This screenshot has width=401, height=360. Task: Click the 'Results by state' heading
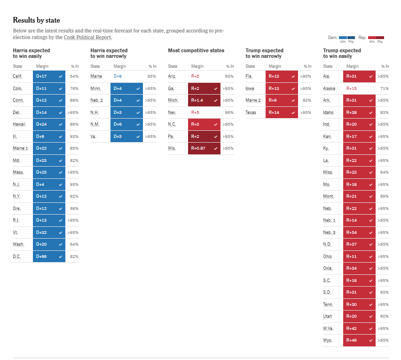[x=36, y=20]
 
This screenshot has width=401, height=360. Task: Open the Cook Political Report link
[x=87, y=37]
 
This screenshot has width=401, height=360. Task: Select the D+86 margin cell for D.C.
[x=49, y=256]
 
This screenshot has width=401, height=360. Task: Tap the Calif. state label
[x=17, y=76]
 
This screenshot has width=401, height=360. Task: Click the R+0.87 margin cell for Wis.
[x=204, y=148]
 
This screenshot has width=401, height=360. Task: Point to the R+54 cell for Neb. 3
[x=359, y=232]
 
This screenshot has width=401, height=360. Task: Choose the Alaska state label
[x=329, y=88]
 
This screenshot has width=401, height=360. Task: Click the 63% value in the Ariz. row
[x=229, y=76]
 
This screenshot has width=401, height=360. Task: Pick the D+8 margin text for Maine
[x=118, y=76]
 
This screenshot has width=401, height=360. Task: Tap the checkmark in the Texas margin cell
[x=293, y=112]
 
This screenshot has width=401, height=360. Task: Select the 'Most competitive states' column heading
[x=196, y=50]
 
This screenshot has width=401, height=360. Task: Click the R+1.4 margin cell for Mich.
[x=204, y=100]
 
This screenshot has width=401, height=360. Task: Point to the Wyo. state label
[x=328, y=340]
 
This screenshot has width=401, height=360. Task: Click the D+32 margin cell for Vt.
[x=49, y=232]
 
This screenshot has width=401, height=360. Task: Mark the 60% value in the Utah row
[x=384, y=316]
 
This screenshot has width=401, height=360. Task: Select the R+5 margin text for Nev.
[x=195, y=112]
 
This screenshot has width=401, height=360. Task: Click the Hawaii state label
[x=19, y=124]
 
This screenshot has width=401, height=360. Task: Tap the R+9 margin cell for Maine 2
[x=282, y=100]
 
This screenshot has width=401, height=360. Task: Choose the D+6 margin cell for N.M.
[x=126, y=124]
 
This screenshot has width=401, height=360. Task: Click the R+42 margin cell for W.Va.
[x=359, y=328]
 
